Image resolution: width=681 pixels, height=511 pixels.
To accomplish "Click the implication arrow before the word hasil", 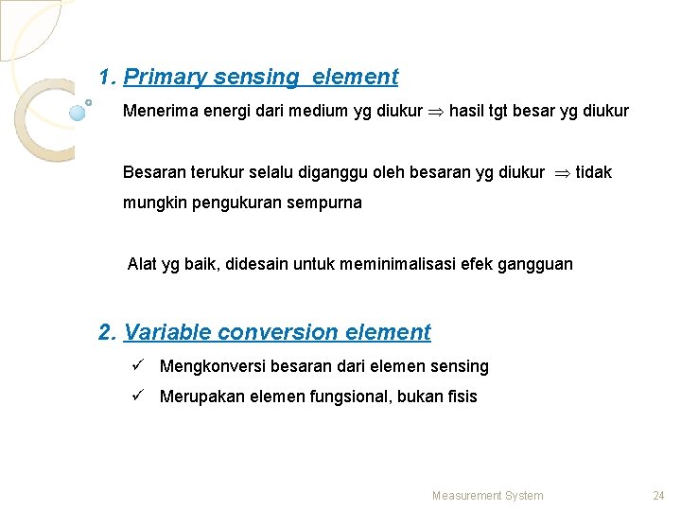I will [436, 112].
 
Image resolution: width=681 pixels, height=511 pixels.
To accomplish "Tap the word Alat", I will [143, 264].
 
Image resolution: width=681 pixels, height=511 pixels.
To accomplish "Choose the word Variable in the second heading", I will [167, 332].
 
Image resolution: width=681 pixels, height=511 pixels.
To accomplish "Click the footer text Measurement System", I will [487, 496].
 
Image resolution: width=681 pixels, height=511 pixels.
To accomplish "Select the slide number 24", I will [658, 496].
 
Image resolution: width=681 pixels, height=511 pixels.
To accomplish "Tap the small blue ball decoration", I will [78, 112].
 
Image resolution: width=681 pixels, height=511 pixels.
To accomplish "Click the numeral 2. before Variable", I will [107, 332].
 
